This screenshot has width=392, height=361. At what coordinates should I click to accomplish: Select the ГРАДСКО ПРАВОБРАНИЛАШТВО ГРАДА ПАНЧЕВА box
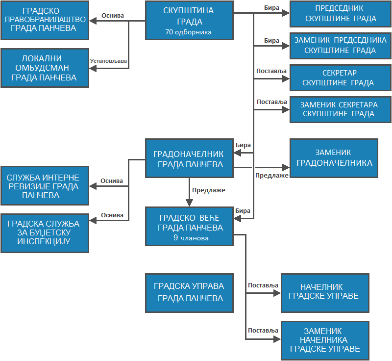45,20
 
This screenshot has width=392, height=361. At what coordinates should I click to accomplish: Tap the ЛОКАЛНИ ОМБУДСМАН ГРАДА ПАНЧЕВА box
45,68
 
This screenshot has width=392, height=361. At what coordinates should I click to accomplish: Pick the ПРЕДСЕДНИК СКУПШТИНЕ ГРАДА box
341,14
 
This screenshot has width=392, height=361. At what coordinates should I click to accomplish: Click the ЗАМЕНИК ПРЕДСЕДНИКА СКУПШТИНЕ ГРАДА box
341,46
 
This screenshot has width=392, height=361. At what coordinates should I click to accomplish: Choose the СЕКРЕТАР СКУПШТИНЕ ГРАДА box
341,78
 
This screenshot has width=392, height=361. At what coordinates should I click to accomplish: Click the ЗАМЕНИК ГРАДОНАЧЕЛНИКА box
334,158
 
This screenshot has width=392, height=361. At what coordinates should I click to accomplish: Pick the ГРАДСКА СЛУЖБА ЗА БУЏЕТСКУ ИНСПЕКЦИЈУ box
45,233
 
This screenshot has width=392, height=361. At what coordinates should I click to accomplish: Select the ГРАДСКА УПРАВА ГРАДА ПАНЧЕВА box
190,292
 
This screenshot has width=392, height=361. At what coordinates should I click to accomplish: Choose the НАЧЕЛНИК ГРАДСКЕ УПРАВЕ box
324,292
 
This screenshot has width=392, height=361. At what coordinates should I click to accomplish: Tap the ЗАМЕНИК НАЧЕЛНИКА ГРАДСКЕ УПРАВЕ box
324,340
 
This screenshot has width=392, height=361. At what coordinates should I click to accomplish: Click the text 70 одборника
189,32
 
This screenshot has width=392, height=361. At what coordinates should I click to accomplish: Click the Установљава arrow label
108,61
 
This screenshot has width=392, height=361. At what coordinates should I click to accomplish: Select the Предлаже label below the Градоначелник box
209,190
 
